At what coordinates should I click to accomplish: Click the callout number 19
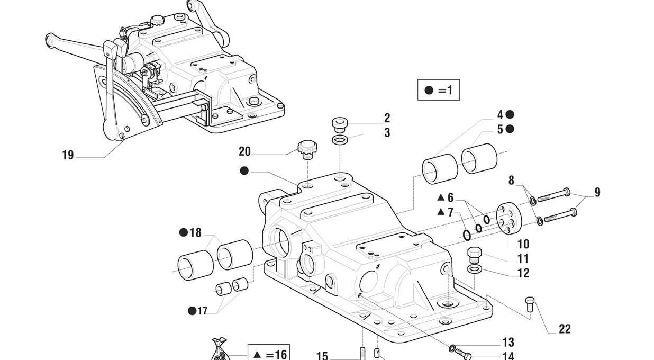[x=68, y=155]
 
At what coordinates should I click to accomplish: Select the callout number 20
[x=244, y=151]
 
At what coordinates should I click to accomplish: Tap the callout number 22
[x=565, y=329]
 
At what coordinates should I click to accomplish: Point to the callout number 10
[x=523, y=244]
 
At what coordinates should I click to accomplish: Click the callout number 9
[x=597, y=192]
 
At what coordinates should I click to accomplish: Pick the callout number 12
[x=523, y=273]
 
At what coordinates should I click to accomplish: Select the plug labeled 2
[x=339, y=124]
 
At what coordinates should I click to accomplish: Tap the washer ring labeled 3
[x=340, y=140]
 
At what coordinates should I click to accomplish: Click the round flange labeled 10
[x=510, y=217]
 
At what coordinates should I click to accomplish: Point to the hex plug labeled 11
[x=475, y=255]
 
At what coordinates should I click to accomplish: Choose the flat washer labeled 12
[x=475, y=270]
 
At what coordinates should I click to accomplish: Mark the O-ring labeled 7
[x=466, y=235]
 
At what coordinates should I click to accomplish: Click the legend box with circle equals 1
[x=439, y=90]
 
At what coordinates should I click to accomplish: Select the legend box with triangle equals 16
[x=268, y=354]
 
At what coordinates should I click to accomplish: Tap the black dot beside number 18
[x=184, y=232]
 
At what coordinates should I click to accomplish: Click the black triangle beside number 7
[x=440, y=212]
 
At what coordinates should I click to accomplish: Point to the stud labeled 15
[x=363, y=353]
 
